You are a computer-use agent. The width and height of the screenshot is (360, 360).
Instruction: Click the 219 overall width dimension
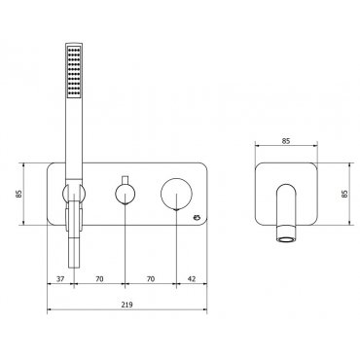coord(127,305)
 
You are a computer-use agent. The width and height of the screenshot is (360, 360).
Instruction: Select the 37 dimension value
coord(60,278)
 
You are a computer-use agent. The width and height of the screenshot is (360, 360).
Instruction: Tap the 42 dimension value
coord(192,278)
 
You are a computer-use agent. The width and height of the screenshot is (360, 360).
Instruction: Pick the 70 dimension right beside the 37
coord(99,278)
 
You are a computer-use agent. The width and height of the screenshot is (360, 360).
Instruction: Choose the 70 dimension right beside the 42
coord(151,278)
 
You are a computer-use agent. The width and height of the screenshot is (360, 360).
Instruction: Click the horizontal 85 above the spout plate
coord(286,141)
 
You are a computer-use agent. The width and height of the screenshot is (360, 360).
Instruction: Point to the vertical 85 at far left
coord(18,194)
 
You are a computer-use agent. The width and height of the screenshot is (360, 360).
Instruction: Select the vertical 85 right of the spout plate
coord(344,194)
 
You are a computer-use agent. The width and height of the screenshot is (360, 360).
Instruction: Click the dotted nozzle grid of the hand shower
coord(74,71)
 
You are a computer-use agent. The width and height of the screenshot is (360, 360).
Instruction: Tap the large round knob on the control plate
coord(176,195)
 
